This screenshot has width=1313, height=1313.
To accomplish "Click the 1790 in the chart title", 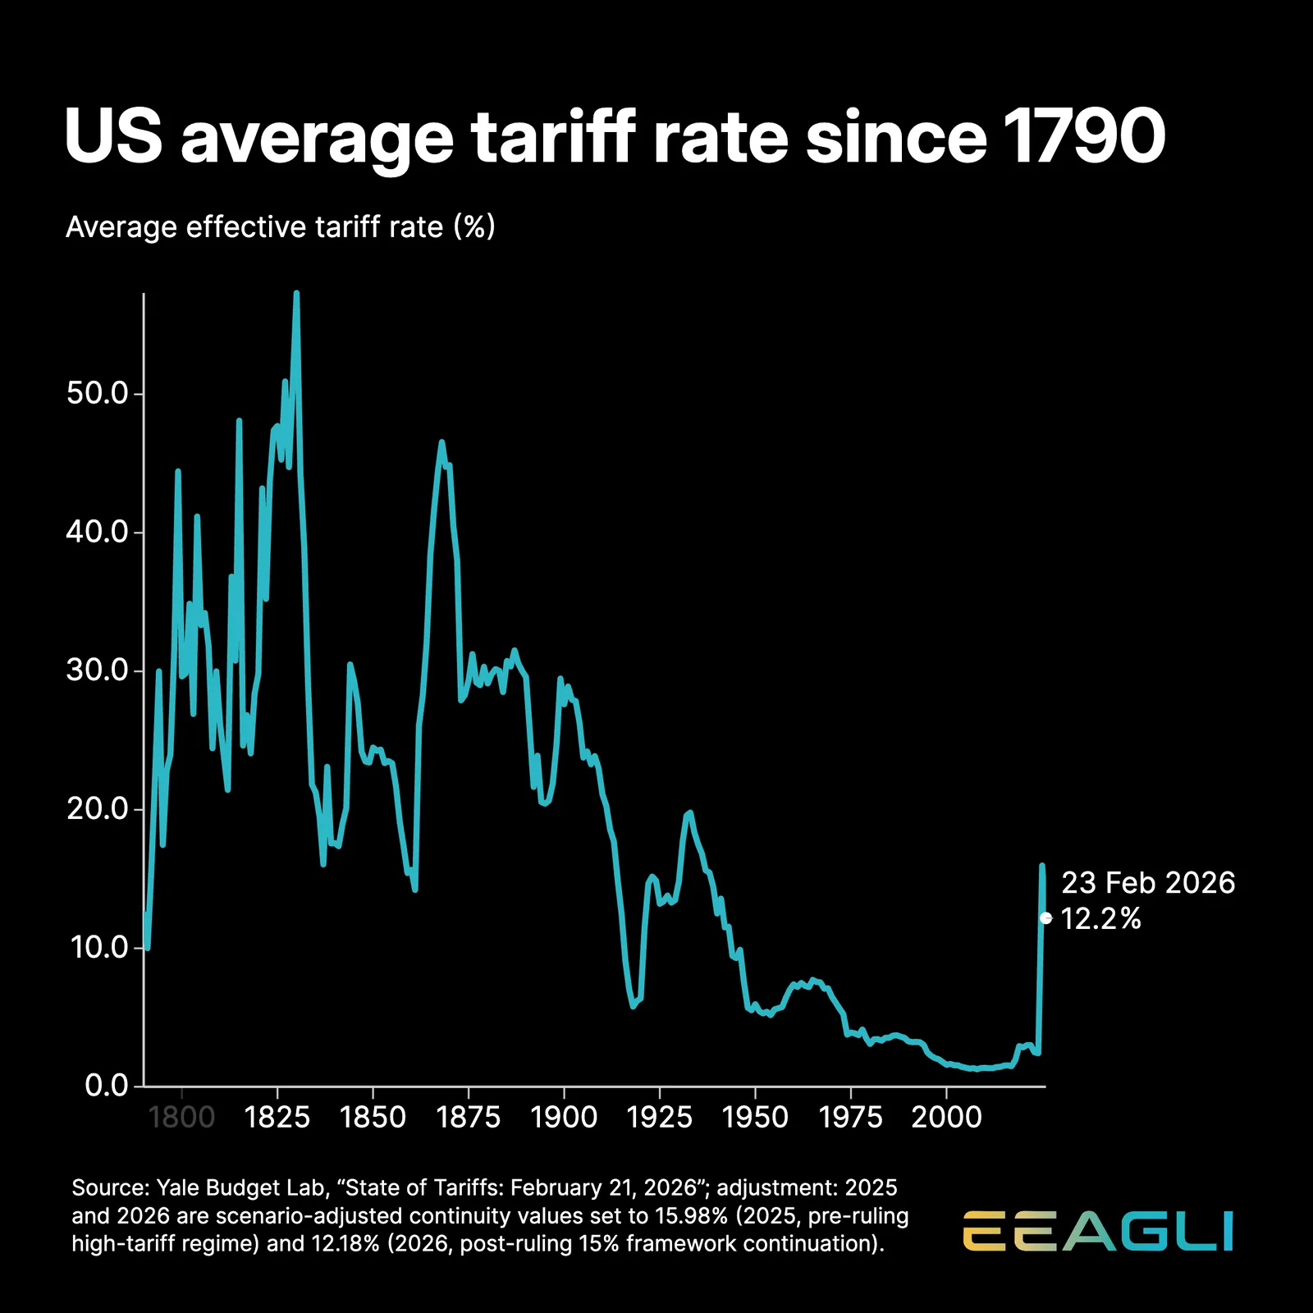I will click(1082, 136).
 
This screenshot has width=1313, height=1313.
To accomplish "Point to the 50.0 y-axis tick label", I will click(98, 393).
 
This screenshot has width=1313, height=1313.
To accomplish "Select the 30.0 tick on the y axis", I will click(98, 670).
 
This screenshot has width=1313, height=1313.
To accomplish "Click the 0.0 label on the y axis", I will click(107, 1086).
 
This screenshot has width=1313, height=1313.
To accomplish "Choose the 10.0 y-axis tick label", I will click(98, 948).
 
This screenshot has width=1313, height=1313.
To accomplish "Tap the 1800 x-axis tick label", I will click(181, 1117).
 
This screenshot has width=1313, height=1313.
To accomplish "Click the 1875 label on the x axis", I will click(469, 1117).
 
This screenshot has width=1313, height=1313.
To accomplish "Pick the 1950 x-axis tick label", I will click(755, 1117).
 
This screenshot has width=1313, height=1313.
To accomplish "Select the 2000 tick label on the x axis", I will click(946, 1117).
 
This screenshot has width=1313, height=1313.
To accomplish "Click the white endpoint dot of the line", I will click(1045, 918).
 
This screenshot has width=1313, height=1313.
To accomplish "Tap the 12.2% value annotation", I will click(1100, 919).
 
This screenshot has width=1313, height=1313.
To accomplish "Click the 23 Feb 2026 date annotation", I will click(1147, 883).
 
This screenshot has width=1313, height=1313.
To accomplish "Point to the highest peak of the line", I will click(296, 294).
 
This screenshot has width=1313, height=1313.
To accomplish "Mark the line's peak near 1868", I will click(441, 442).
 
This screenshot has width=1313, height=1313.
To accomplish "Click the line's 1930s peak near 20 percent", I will click(689, 812).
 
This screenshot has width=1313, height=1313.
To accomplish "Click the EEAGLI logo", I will click(1098, 1231).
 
